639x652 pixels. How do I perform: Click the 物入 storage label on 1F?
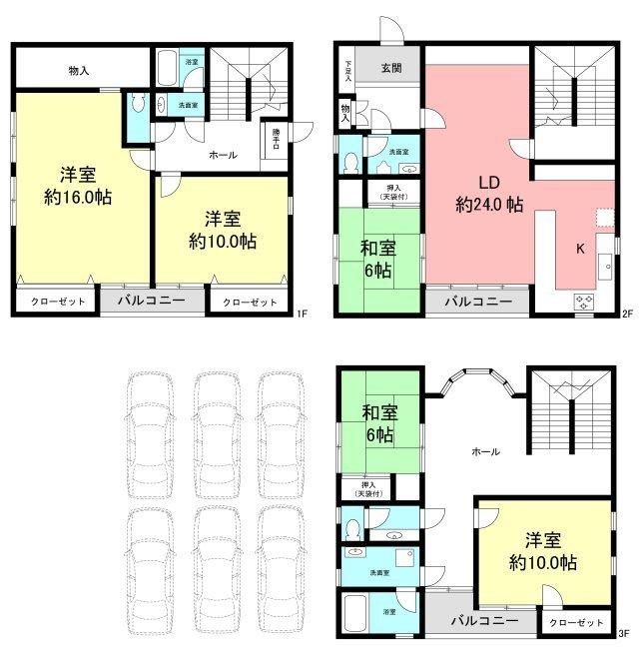coord(79,71)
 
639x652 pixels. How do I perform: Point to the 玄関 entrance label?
coord(391,70)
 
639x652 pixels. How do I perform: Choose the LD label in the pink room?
coord(488,183)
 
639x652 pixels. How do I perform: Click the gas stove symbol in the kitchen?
coord(583,302)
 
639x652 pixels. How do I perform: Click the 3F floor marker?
coord(624,633)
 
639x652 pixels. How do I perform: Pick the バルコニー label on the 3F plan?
coord(483,621)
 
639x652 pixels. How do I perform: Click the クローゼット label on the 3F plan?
coord(578,622)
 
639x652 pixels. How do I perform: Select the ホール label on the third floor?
coord(484,451)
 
